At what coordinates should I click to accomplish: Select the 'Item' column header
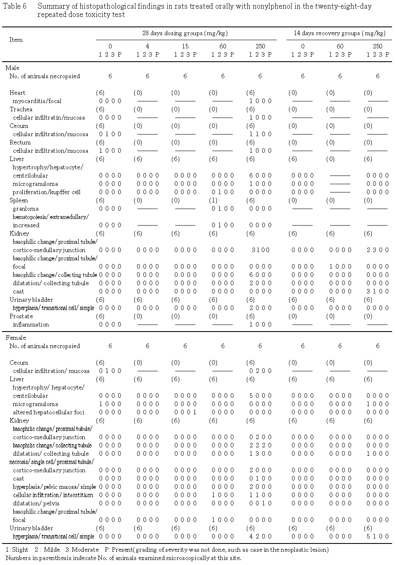(x=16, y=40)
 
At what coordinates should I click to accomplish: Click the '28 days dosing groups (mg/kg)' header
(x=185, y=33)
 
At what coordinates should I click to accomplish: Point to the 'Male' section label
(x=12, y=68)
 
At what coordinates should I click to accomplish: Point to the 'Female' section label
(x=16, y=338)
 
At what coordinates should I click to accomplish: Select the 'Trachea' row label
(x=21, y=109)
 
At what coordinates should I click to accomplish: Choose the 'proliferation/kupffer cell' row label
(x=46, y=192)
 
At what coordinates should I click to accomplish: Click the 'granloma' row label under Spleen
(x=26, y=209)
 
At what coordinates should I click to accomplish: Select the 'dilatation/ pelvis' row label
(x=36, y=503)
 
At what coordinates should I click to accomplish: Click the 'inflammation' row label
(x=31, y=325)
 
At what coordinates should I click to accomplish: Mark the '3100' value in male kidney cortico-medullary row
(x=260, y=250)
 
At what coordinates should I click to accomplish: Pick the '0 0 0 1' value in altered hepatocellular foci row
(x=185, y=412)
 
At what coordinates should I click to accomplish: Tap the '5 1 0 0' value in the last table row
(x=378, y=536)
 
